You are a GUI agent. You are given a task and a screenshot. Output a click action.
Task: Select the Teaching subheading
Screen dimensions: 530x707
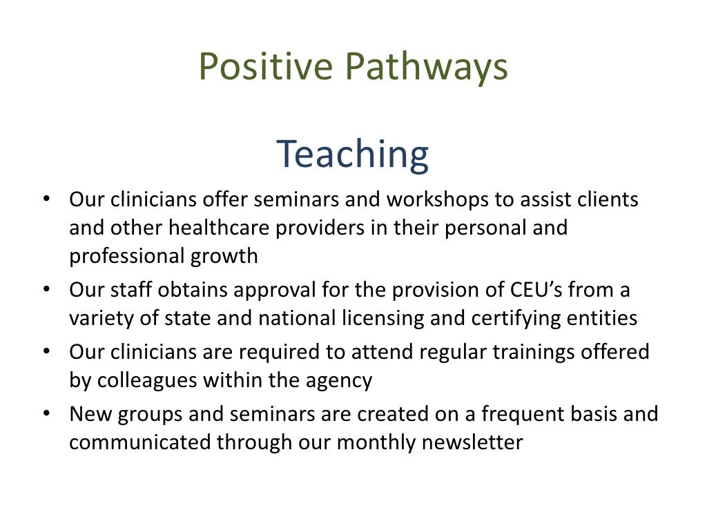tap(353, 155)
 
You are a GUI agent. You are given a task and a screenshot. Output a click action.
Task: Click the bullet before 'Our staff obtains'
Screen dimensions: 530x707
tap(46, 289)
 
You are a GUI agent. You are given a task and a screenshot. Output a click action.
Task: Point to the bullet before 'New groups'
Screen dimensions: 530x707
tap(46, 413)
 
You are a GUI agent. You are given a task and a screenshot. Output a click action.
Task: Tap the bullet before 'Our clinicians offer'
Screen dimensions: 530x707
tap(46, 199)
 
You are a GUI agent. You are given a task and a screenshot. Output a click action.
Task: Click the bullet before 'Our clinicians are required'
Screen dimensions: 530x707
tap(46, 351)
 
